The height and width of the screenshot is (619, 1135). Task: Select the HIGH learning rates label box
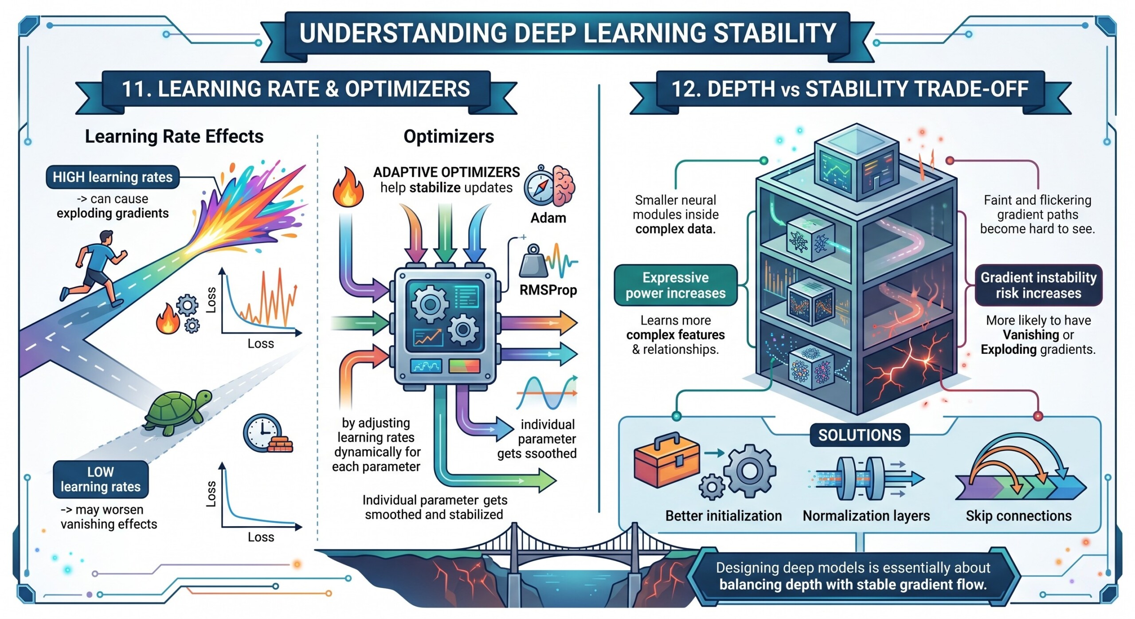[113, 177]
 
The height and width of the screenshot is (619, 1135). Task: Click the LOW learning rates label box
[101, 479]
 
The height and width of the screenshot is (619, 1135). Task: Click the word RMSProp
[548, 290]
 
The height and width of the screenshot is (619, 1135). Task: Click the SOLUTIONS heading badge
[859, 435]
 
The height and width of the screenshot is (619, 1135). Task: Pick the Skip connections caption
[1018, 516]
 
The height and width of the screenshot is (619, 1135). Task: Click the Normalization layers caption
[866, 516]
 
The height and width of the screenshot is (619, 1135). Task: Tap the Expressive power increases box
[675, 285]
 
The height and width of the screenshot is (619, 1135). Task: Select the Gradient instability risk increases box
[1038, 285]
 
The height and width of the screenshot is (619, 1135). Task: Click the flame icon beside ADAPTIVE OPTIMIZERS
[348, 188]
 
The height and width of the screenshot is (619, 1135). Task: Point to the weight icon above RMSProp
[533, 262]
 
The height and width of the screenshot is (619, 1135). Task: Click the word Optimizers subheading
[449, 136]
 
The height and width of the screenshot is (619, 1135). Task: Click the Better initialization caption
[723, 516]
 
